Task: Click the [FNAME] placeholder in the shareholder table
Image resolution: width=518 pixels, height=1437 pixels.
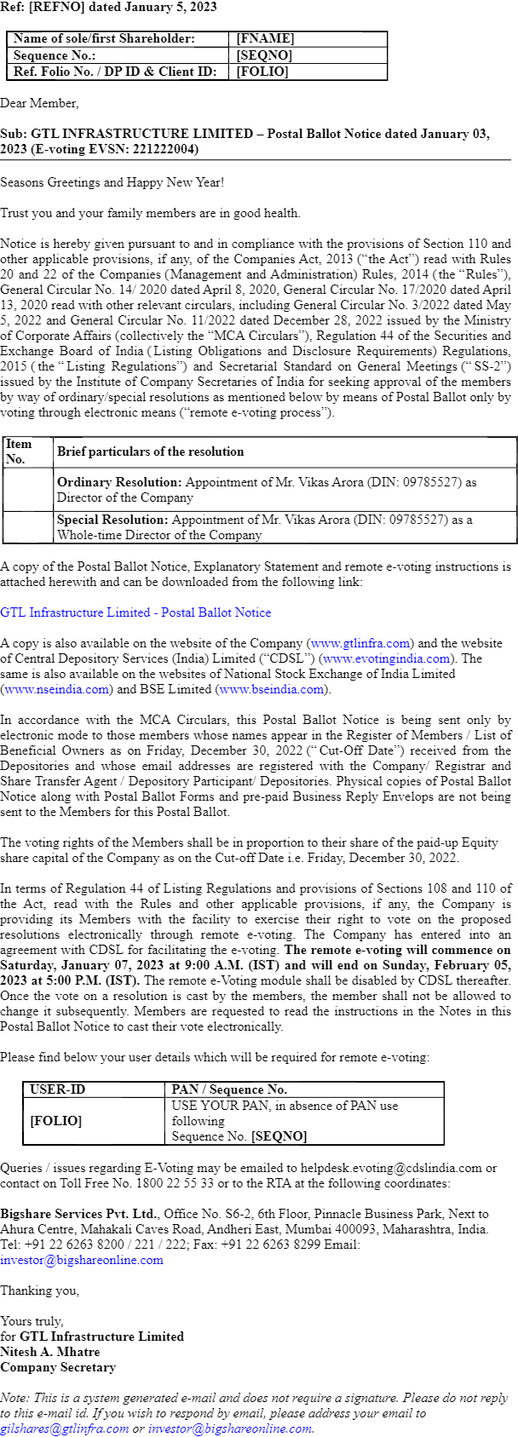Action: [x=265, y=38]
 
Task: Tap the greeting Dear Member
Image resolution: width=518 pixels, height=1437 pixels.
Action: [x=39, y=103]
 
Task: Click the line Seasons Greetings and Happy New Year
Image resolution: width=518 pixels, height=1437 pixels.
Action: [x=112, y=181]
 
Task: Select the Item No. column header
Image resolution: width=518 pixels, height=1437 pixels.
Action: [x=18, y=451]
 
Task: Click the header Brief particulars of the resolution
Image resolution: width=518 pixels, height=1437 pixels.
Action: [x=150, y=451]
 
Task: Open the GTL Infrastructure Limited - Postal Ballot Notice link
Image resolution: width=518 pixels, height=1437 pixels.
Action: [x=135, y=612]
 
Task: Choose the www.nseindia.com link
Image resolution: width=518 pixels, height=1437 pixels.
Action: [x=57, y=689]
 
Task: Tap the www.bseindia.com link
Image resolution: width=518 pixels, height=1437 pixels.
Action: [x=272, y=689]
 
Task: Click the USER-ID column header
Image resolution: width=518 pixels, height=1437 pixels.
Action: [x=57, y=1089]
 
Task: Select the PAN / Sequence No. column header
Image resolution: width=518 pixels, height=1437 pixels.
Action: [x=229, y=1089]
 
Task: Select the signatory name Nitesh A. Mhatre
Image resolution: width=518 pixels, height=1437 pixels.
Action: [x=50, y=1352]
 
